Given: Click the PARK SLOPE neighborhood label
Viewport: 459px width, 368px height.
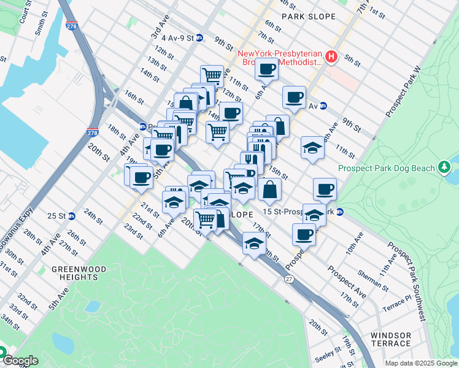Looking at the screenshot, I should [309, 17].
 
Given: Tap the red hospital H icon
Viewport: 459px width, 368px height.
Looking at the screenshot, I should [332, 57].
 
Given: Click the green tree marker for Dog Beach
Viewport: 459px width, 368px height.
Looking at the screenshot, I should [444, 167].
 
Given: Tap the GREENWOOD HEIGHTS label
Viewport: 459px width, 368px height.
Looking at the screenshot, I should [79, 274].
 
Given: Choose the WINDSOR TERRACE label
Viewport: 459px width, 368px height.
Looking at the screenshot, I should [399, 340].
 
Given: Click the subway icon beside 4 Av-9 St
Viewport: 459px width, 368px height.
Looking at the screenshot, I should [199, 37].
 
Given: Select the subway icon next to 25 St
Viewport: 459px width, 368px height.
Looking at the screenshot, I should [72, 216].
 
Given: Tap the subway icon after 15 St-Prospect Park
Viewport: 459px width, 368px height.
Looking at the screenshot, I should [339, 212].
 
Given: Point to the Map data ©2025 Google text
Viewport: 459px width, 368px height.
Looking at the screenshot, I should [420, 362].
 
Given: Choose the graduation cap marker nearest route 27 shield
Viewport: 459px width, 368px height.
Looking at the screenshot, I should [254, 243].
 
